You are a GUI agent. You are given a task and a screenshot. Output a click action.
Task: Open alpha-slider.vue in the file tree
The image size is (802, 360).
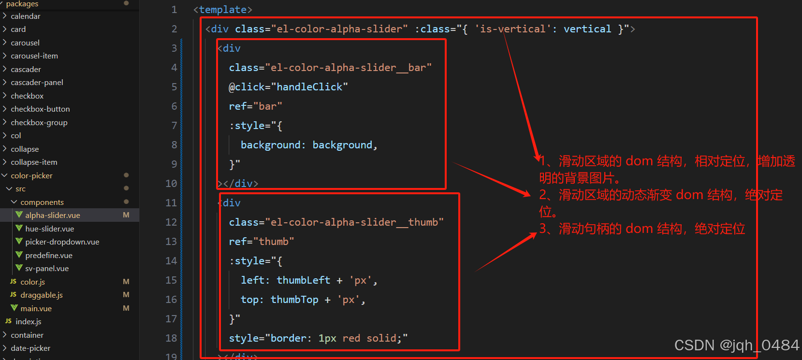click(52, 215)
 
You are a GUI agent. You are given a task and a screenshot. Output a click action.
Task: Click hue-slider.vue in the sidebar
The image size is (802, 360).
click(49, 229)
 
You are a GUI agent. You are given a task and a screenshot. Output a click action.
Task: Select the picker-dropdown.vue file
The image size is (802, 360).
click(62, 242)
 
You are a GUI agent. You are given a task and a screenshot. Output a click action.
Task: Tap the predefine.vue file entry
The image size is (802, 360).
click(48, 255)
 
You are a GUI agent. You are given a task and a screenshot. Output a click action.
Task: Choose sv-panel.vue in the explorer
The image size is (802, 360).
click(47, 268)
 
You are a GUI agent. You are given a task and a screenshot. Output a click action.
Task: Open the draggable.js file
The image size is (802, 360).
click(41, 295)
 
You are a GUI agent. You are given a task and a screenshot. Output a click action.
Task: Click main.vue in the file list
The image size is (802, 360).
click(36, 308)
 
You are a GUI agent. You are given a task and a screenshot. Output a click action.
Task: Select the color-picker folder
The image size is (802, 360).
click(31, 175)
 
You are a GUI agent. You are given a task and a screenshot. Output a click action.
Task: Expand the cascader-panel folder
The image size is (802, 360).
click(37, 82)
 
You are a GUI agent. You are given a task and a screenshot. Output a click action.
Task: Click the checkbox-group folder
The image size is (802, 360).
click(39, 122)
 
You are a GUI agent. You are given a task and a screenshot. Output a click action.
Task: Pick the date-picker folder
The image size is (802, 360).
click(30, 348)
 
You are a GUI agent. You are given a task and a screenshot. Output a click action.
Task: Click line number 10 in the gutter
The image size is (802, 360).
click(171, 184)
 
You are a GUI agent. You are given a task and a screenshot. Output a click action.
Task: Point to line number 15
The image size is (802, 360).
click(171, 280)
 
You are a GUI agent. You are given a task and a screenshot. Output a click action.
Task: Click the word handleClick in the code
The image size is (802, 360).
click(309, 87)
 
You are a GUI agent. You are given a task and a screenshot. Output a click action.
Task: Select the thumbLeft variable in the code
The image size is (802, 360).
click(303, 280)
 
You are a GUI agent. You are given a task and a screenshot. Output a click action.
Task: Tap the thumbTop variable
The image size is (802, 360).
click(294, 300)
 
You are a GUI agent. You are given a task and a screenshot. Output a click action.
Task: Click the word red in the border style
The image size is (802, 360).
click(351, 338)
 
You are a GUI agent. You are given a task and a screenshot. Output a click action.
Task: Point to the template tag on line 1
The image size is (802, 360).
click(222, 10)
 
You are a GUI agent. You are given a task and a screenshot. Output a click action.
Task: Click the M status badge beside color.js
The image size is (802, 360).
click(126, 282)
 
